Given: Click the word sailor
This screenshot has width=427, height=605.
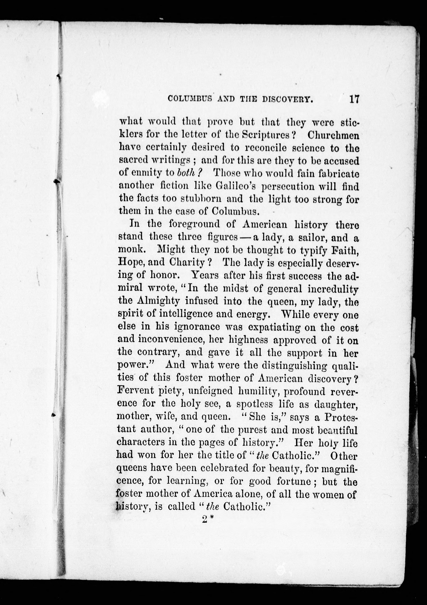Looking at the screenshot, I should click(307, 238).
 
